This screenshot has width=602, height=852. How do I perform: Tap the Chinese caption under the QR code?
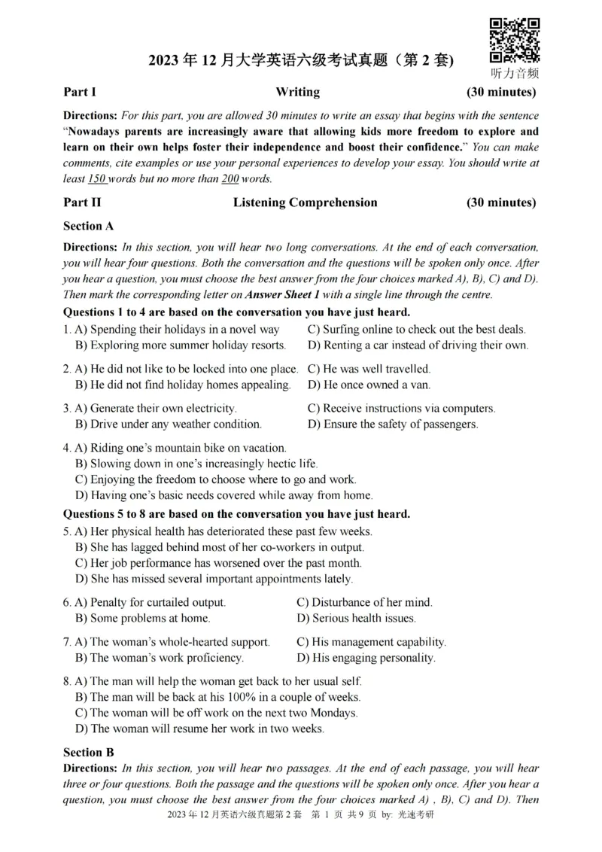pos(515,73)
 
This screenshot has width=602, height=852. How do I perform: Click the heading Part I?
pos(80,93)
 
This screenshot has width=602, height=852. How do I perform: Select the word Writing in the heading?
pos(297,93)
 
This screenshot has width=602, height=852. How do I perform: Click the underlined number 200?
pos(230,179)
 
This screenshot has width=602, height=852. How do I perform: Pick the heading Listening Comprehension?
pos(305,202)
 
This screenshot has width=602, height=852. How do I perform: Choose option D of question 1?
pos(418,345)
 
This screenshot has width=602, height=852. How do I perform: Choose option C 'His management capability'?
pos(371,642)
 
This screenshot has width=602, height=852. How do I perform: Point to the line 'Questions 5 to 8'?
pos(236,514)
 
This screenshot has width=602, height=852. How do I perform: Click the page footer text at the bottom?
pos(300,814)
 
